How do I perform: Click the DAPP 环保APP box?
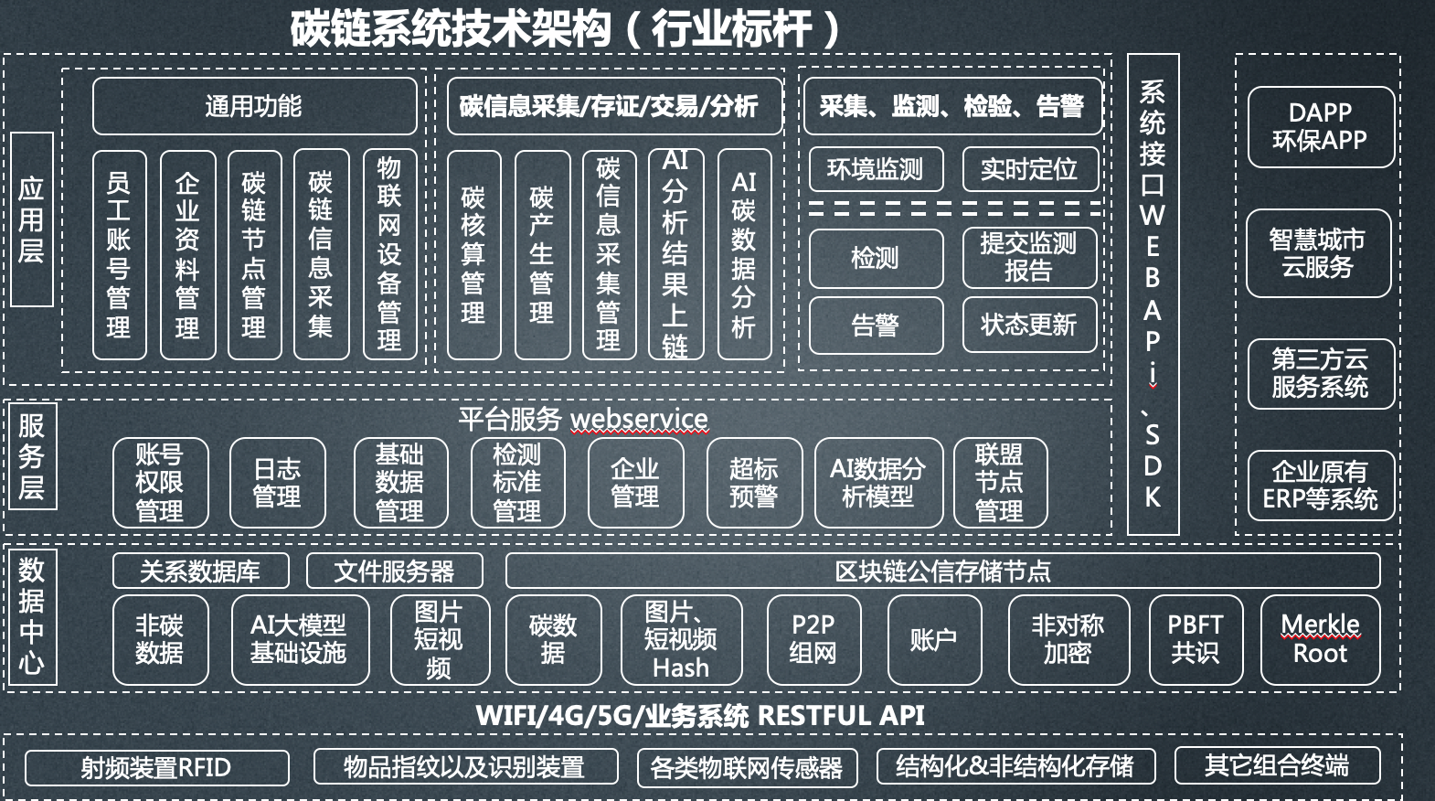(1321, 126)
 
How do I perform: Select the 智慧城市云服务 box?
(1318, 253)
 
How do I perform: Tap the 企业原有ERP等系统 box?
(1321, 485)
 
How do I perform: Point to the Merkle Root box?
(1320, 639)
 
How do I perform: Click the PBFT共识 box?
(1196, 639)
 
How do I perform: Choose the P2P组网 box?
(813, 639)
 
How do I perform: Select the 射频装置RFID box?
(156, 767)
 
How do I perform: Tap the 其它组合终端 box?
(1276, 765)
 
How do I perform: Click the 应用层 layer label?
(31, 219)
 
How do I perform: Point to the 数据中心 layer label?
(31, 615)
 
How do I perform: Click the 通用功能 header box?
(254, 106)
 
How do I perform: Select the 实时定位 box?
(1029, 169)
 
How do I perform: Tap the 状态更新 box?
(1029, 325)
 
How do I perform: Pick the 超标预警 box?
(754, 483)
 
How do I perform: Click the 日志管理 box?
(277, 483)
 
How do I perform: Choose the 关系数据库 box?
(200, 571)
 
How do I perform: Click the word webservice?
(639, 419)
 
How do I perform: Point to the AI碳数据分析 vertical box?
(744, 255)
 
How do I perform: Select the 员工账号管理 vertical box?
(119, 255)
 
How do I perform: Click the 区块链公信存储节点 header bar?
(942, 571)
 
